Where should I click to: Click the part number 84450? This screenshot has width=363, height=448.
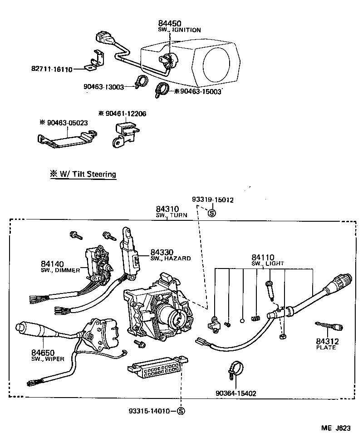(x=169, y=23)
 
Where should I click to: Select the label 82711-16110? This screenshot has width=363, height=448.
(x=52, y=70)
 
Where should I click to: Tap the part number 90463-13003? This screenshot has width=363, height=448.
(x=104, y=87)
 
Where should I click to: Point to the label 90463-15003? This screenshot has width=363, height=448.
(x=200, y=91)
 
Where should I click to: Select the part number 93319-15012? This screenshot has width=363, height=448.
(x=213, y=199)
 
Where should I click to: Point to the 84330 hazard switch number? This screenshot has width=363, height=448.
(x=162, y=252)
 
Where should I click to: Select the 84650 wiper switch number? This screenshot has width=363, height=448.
(x=44, y=352)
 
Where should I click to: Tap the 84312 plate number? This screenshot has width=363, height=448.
(x=325, y=341)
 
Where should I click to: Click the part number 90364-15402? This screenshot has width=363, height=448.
(x=236, y=393)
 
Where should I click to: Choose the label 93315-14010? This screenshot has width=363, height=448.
(x=149, y=411)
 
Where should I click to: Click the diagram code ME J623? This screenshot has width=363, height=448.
(x=335, y=428)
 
